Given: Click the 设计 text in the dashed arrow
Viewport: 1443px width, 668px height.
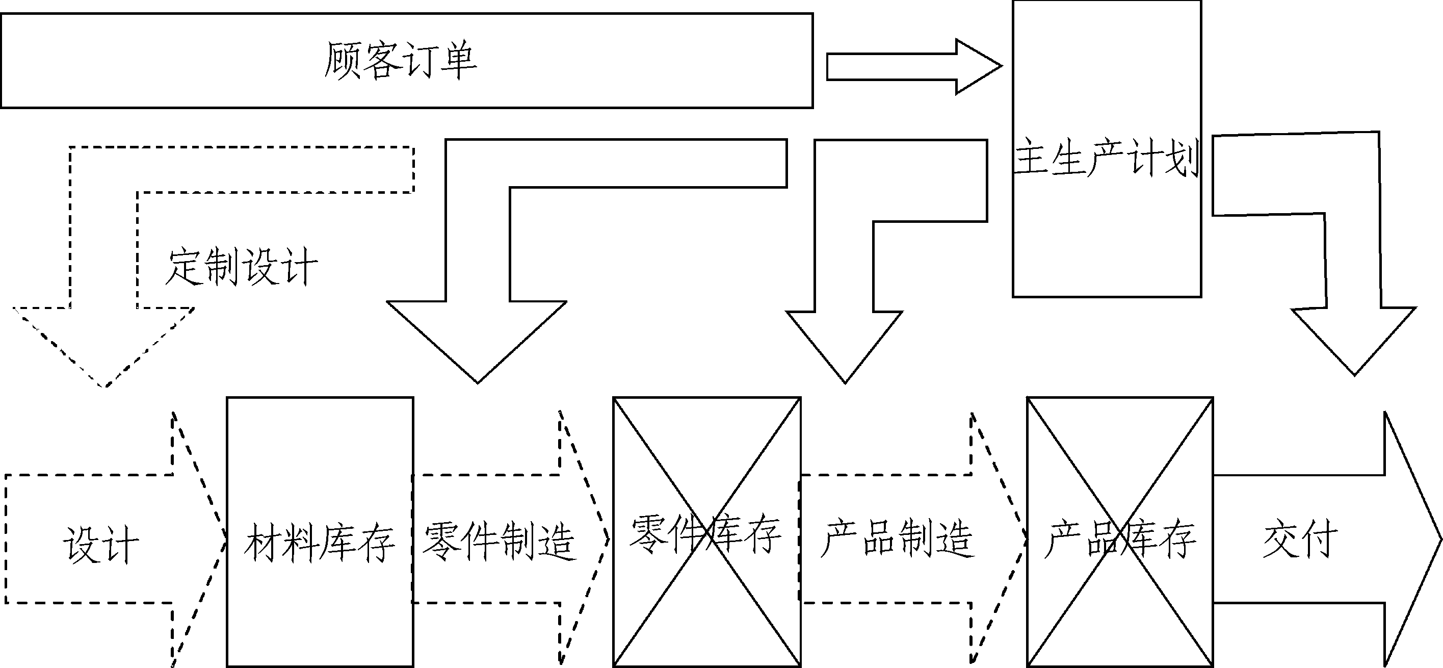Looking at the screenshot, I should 100,544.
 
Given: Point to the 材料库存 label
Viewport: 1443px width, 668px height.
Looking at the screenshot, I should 319,543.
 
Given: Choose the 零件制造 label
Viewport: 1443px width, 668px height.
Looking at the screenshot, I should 499,542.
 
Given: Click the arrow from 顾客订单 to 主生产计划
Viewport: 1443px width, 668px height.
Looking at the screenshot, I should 913,67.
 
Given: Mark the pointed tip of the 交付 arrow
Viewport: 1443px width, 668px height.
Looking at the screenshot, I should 1438,539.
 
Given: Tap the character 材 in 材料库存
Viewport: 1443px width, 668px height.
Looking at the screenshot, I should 263,543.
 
